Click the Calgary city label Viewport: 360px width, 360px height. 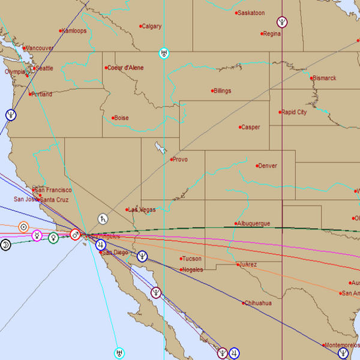coord(152,26)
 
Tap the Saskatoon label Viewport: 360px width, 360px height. coord(251,13)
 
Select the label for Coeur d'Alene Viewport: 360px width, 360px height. coord(126,68)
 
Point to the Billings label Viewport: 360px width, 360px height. coord(222,91)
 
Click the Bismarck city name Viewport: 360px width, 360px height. coord(325,78)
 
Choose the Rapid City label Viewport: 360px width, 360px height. coord(295,112)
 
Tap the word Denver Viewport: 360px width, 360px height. coord(268,166)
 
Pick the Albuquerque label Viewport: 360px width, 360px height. coord(254,224)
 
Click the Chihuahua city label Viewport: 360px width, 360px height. coord(259,303)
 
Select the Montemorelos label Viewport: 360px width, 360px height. coord(341,345)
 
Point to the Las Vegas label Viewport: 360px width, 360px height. coord(143,210)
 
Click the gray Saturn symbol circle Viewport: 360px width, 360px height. coord(104,220)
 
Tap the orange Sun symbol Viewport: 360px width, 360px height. coord(23,227)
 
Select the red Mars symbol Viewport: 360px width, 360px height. coord(75,235)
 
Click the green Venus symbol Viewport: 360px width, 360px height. coord(53,238)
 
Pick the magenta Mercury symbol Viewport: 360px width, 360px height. coord(37,236)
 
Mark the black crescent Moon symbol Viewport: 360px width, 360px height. coord(5,245)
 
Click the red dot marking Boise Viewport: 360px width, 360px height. coord(113,118)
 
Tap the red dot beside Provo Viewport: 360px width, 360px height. coord(171,160)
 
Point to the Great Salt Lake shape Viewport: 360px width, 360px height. coord(160,148)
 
